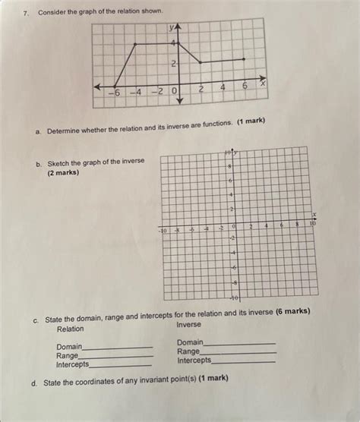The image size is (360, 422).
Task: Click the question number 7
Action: coord(25,14)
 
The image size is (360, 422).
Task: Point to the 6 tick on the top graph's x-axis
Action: coord(245,90)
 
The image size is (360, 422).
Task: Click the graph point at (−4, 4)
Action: coord(136,44)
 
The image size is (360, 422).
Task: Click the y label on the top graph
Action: coord(172,28)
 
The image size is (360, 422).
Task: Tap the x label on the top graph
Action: coord(262,84)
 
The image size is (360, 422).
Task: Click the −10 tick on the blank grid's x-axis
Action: coord(163,228)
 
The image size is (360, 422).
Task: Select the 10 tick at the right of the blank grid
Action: coord(311,225)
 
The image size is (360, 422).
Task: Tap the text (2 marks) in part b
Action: coord(63,172)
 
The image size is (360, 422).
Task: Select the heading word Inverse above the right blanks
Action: coord(189,324)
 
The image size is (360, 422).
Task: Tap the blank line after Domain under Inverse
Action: coord(239,343)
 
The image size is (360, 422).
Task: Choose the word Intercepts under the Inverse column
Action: coord(194,361)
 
